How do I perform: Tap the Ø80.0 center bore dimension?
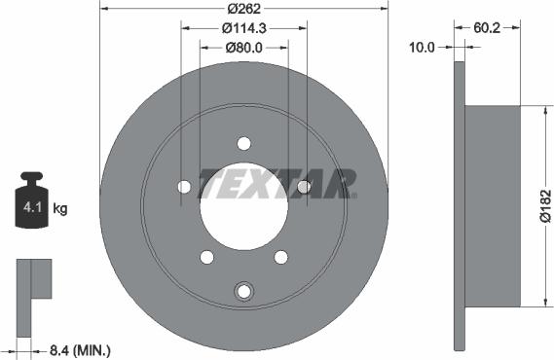point(244,47)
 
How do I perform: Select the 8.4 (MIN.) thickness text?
point(81,347)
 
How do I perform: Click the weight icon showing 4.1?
point(32,204)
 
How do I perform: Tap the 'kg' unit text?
point(59,208)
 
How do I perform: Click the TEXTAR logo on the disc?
point(277,182)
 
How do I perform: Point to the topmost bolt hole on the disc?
point(243,144)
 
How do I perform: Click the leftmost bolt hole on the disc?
point(183,187)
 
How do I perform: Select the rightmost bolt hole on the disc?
point(304,187)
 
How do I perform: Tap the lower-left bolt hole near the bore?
point(206,257)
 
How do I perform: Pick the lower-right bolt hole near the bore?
point(281,257)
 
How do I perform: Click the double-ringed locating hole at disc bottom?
point(243,289)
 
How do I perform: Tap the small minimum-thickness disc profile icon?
point(34,282)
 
